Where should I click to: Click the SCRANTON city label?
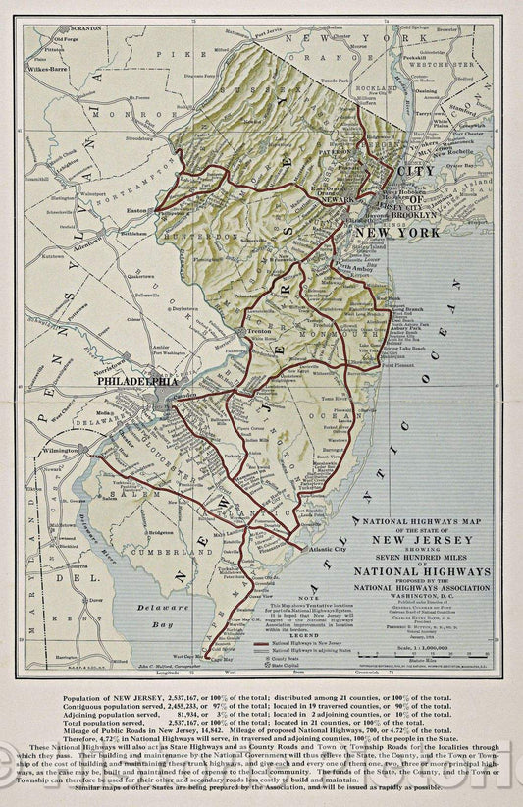pyautogui.click(x=85, y=28)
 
